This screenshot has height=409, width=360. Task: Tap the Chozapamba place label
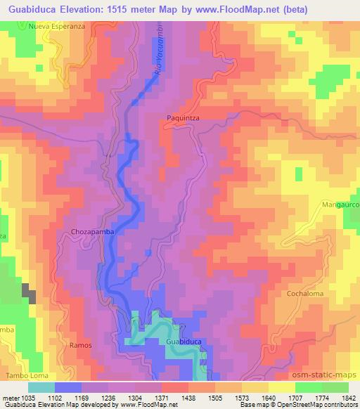(91, 231)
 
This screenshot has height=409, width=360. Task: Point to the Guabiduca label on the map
(185, 341)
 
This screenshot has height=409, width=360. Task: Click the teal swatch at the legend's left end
(41, 387)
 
